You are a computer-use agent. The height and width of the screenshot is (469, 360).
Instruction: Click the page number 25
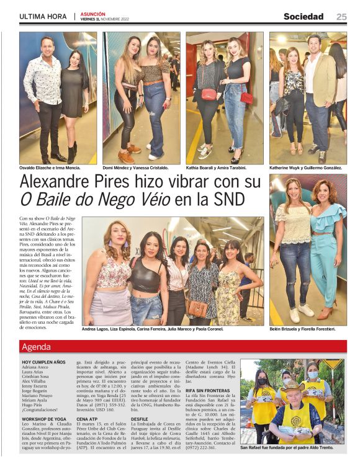341,17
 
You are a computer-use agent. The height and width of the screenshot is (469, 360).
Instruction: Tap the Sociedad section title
304,17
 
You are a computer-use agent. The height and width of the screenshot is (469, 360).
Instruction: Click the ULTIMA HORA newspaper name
42,17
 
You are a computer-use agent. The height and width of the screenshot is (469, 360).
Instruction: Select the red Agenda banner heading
36,347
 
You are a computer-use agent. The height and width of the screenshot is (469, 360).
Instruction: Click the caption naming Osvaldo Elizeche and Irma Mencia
54,168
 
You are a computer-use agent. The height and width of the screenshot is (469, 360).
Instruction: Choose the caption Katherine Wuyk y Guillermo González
305,168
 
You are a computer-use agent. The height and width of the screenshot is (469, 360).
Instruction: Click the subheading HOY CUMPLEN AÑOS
43,362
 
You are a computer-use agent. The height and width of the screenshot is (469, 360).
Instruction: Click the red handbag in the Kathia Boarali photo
209,94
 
